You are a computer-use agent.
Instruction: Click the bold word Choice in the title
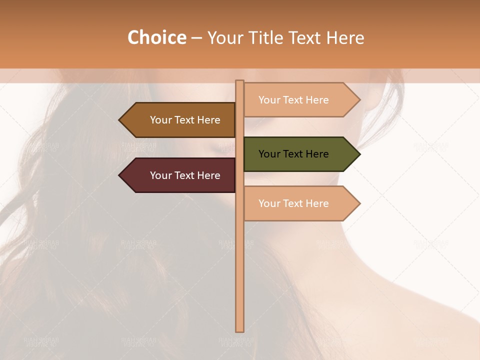(x=156, y=37)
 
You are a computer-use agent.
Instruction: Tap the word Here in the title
(x=345, y=37)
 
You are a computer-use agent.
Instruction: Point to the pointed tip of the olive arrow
(x=358, y=154)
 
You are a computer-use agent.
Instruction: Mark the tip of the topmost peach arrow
(x=358, y=100)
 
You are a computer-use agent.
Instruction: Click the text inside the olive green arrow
(x=293, y=154)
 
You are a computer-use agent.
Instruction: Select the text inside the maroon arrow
(x=185, y=175)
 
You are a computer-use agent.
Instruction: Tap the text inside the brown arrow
(x=185, y=120)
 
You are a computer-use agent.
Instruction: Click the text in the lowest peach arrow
(x=293, y=203)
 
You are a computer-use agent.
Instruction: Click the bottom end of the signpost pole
(x=239, y=330)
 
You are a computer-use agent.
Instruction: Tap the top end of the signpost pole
(x=239, y=82)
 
